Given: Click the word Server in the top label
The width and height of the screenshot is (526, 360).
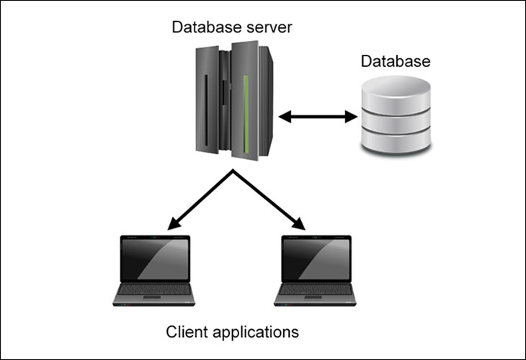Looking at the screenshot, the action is point(269,27).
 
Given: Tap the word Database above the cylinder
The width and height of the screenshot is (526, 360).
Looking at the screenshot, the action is point(396,61).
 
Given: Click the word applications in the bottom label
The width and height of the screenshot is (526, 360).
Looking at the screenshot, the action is point(256,333).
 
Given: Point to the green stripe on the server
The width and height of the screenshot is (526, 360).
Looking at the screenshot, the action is point(246,114).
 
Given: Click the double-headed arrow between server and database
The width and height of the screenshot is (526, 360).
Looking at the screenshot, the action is point(318,117).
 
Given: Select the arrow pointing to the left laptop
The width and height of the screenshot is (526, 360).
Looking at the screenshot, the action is point(200,199).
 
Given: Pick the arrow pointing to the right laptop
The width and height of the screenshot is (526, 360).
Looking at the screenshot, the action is point(269,199).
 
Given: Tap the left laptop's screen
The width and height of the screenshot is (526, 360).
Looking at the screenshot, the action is point(155,259).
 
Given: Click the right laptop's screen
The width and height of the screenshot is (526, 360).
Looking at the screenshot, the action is point(316,259).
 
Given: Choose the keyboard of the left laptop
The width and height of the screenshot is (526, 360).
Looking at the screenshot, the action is point(154,289).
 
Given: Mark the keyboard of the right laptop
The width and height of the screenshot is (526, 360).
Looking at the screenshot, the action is point(316,289).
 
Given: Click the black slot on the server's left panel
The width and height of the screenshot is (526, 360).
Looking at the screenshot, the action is point(206,110).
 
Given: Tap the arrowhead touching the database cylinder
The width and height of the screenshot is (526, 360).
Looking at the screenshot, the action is point(351,117).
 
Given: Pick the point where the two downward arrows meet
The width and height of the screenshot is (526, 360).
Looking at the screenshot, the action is point(233,170).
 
